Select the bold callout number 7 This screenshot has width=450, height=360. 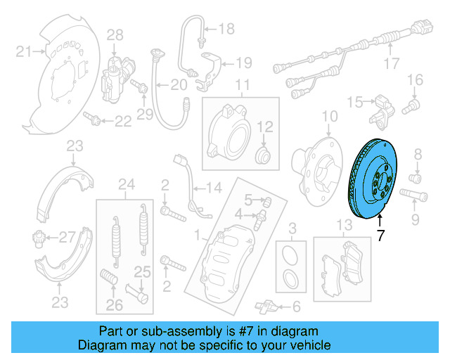380,236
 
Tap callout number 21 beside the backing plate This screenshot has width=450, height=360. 24,51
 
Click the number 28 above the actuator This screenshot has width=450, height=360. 115,34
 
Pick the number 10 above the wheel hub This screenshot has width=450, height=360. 329,116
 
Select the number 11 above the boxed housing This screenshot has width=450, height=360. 242,86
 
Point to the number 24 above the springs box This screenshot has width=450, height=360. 126,185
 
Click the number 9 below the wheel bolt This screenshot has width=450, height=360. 414,221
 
